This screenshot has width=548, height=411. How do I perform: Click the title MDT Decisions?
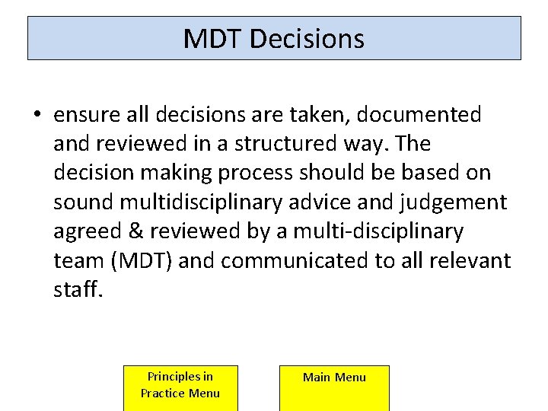tap(274, 39)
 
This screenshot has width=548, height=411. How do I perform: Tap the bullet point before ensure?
tap(37, 116)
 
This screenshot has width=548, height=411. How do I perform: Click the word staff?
tap(78, 290)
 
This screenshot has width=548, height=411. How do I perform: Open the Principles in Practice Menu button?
tap(180, 387)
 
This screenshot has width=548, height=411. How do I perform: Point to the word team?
tap(79, 261)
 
